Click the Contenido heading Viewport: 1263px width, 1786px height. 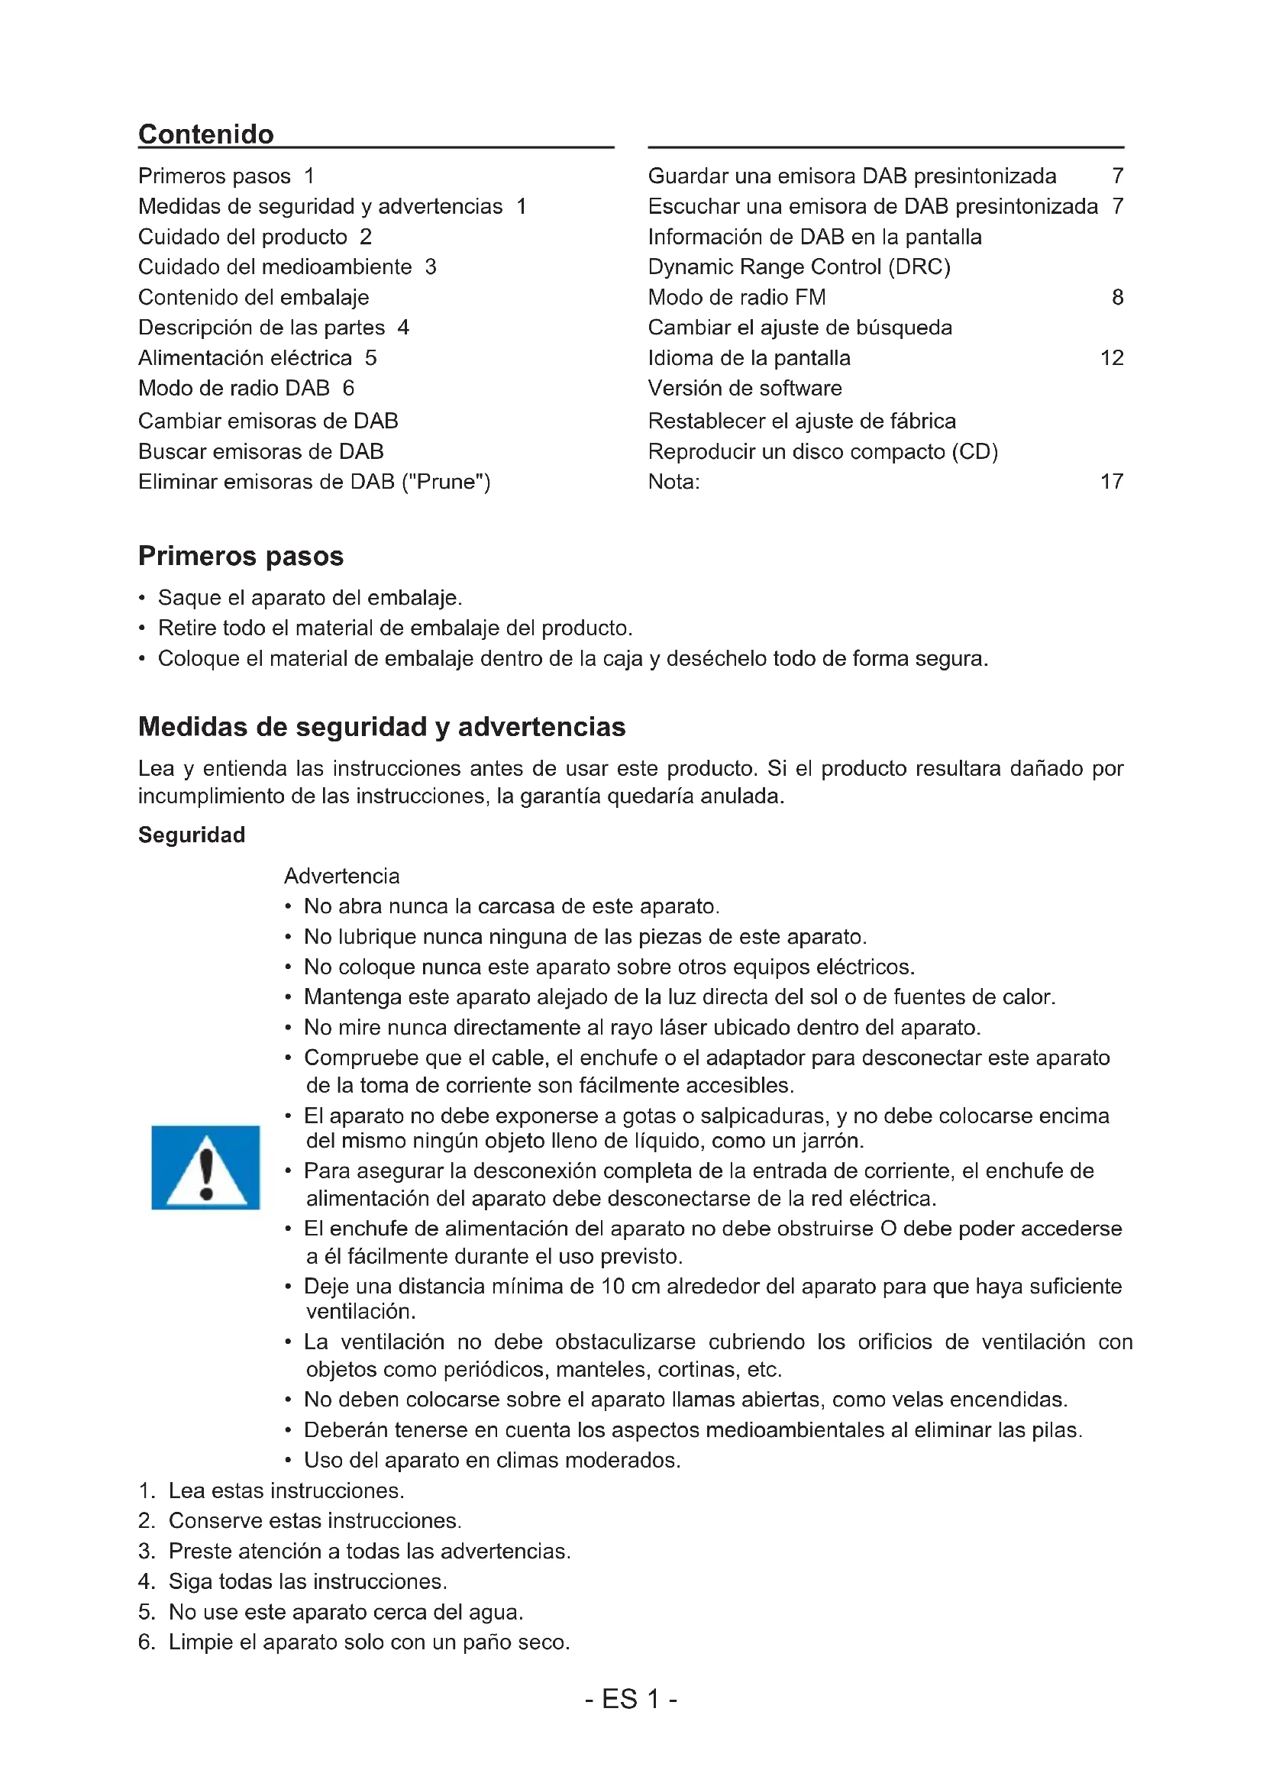click(x=206, y=134)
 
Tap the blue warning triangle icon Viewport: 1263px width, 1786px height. click(x=205, y=1168)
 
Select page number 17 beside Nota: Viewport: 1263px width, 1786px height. click(x=1111, y=483)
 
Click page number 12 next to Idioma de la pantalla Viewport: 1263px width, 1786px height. click(x=1111, y=359)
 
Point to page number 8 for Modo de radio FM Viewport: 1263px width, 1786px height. click(x=1117, y=298)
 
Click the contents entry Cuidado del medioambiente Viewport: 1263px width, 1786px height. click(x=276, y=267)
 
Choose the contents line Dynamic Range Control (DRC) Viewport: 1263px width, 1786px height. click(x=799, y=267)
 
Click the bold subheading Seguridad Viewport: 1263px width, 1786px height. click(x=192, y=835)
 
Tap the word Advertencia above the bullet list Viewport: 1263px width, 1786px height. click(x=341, y=877)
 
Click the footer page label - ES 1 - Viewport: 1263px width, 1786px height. click(x=631, y=1700)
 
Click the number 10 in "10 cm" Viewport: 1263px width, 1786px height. click(x=612, y=1287)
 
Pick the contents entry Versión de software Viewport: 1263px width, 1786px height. click(x=745, y=389)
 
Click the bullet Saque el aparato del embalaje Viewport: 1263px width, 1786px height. click(x=309, y=598)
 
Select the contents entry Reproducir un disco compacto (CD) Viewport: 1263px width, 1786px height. click(x=822, y=452)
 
